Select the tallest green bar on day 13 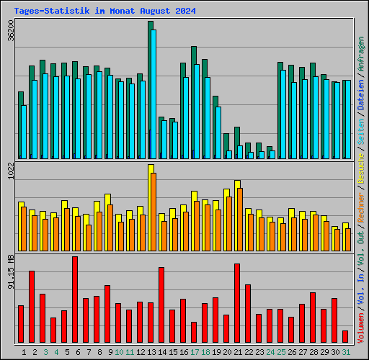pyautogui.click(x=150, y=86)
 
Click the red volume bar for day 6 pyautogui.click(x=75, y=300)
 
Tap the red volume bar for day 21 pyautogui.click(x=237, y=303)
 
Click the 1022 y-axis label pyautogui.click(x=10, y=174)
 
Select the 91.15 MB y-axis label pyautogui.click(x=10, y=271)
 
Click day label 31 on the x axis pyautogui.click(x=345, y=352)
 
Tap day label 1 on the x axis pyautogui.click(x=25, y=352)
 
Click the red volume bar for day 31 pyautogui.click(x=345, y=336)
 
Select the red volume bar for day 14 pyautogui.click(x=161, y=305)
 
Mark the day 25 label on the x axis pyautogui.click(x=280, y=352)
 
